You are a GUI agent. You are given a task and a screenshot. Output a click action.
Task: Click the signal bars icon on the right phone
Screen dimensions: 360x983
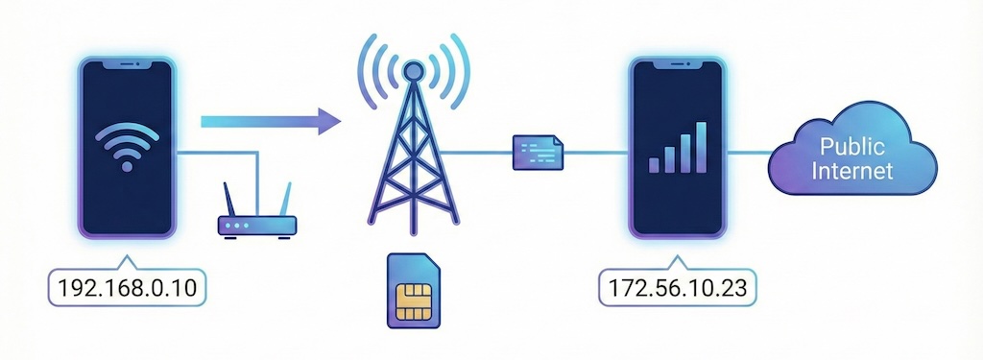(679, 147)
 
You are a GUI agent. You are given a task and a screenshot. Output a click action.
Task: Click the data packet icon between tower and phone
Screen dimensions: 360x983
(538, 152)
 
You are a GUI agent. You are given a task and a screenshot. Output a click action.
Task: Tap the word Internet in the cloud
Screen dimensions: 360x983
(851, 172)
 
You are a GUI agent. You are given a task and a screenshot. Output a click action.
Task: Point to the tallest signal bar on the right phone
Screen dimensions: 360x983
(703, 147)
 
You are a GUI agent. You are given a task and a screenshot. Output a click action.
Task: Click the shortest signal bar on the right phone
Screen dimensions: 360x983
(655, 164)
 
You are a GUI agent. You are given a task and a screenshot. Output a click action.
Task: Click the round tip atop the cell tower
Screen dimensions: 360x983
(412, 70)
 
